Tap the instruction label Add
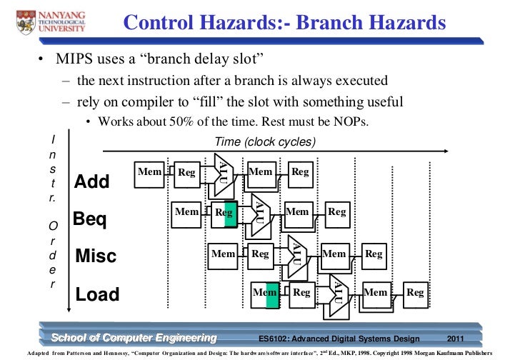point(92,182)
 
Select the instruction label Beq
point(91,219)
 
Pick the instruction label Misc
point(95,256)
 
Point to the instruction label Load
point(98,294)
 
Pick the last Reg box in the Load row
point(415,292)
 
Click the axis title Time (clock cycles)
point(264,141)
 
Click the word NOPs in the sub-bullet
point(350,121)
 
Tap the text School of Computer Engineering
point(133,337)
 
